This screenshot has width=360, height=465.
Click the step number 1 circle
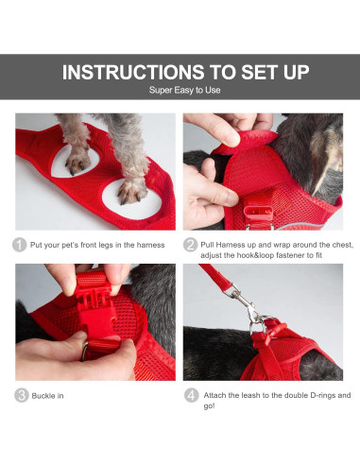(20, 245)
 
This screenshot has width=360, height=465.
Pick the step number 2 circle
(190, 245)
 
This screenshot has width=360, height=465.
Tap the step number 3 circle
(20, 395)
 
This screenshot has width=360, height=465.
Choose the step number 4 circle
(190, 395)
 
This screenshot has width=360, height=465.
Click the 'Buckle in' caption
(47, 395)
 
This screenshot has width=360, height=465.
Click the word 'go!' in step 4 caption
(209, 406)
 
